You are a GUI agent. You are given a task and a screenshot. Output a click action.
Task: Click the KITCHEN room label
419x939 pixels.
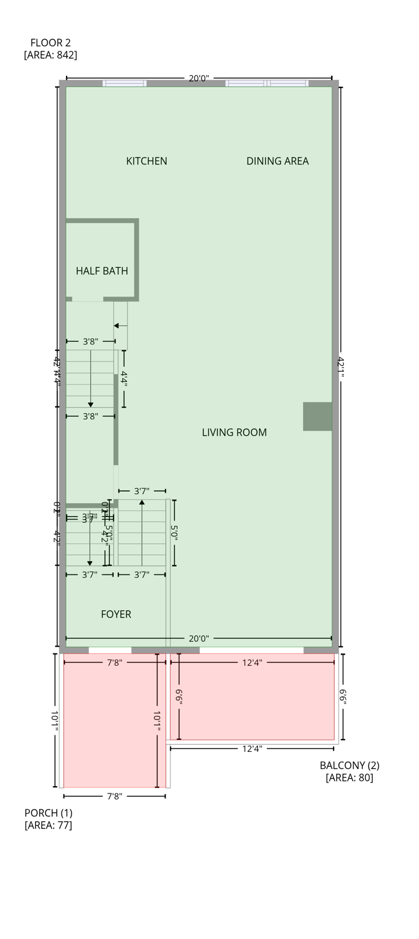147,161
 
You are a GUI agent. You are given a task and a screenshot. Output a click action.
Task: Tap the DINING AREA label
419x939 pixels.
277,161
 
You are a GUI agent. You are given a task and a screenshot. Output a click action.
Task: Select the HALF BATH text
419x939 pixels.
102,271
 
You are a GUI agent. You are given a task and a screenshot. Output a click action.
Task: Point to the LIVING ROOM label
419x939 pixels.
234,432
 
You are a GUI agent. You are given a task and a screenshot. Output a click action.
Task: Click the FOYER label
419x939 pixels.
116,614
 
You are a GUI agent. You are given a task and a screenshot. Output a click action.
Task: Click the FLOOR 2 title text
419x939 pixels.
51,43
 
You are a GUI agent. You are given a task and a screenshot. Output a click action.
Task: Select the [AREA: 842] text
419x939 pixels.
51,55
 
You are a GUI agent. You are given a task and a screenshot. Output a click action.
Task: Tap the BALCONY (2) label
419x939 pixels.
349,765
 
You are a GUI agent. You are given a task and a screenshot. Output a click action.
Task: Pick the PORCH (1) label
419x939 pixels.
48,813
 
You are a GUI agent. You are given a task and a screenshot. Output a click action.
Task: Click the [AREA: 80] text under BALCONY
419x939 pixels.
349,778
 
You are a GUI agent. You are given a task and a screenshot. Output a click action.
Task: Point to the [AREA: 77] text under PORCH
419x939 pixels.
48,825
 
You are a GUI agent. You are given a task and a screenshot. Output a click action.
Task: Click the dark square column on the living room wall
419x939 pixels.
318,416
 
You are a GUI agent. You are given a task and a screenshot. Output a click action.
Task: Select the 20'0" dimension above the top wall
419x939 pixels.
199,78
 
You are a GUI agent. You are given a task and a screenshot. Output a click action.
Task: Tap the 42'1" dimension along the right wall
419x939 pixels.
340,367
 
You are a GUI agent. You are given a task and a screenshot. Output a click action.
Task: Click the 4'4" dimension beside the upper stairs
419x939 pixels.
124,379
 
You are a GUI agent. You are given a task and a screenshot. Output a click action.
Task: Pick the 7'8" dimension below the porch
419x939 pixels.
115,796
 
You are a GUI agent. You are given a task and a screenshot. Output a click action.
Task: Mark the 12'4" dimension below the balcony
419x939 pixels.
252,748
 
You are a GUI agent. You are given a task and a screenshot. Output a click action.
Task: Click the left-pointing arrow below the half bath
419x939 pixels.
117,326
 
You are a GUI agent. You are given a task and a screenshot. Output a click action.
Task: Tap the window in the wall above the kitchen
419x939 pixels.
125,83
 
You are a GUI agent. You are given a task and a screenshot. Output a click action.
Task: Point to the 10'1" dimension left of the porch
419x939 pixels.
55,721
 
